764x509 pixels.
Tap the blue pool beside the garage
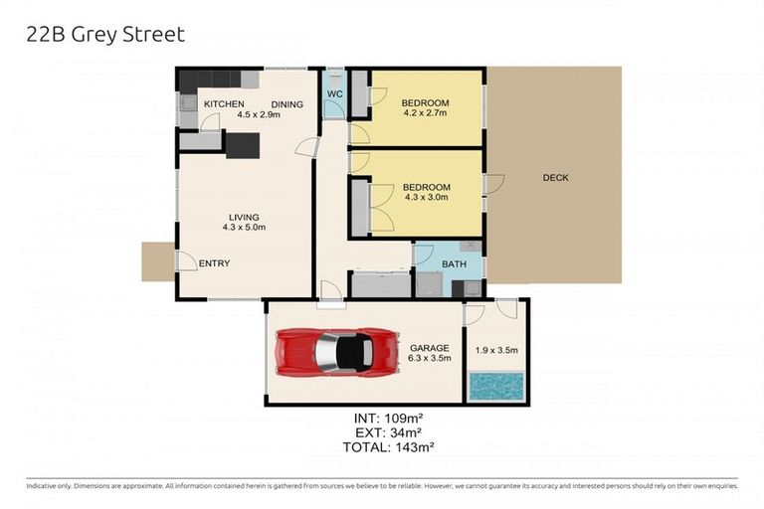point(495,386)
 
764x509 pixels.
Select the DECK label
point(555,178)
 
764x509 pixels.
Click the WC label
point(335,95)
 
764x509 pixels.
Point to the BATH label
point(455,264)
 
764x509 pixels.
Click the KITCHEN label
point(224,103)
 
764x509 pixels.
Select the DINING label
point(286,103)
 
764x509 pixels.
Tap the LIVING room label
point(243,217)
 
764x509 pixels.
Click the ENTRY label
point(214,263)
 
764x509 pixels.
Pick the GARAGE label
point(430,348)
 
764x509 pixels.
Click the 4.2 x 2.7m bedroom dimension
point(425,113)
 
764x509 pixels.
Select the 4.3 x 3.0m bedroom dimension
point(425,197)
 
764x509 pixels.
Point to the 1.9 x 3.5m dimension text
point(495,350)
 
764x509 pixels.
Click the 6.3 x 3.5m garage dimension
point(430,359)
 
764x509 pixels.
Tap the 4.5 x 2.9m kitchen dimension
point(259,114)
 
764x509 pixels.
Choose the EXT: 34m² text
point(388,432)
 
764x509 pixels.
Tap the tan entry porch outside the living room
point(158,261)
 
